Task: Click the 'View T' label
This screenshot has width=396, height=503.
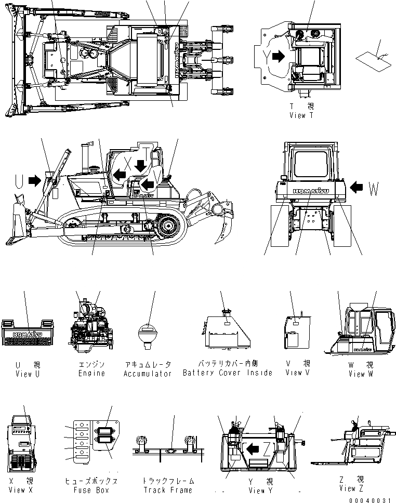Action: [301, 115]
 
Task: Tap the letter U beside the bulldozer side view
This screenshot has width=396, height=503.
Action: [19, 181]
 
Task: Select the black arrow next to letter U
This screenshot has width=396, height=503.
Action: [35, 180]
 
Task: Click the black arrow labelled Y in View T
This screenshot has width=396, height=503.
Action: [279, 56]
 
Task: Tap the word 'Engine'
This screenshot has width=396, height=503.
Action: [92, 373]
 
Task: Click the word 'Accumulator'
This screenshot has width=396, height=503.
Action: [148, 374]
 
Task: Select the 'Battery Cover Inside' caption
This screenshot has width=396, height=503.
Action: [228, 373]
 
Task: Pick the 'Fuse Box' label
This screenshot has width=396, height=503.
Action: [90, 489]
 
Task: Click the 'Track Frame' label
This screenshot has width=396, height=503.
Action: [167, 489]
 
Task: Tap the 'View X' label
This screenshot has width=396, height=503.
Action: [24, 489]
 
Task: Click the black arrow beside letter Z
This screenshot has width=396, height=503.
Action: [254, 448]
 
